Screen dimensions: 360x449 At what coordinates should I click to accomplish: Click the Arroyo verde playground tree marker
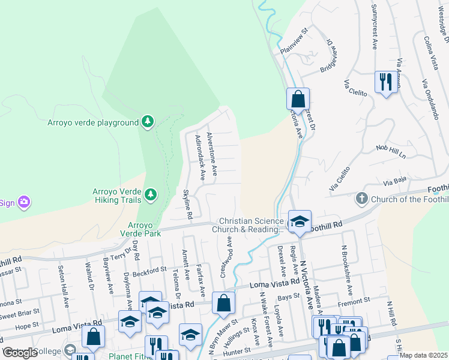pos(147,122)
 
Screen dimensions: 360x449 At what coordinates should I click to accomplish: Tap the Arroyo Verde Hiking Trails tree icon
pos(150,194)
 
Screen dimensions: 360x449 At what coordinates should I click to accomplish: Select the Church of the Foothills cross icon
pos(361,198)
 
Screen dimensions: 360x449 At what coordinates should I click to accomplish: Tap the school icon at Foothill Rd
pos(299,221)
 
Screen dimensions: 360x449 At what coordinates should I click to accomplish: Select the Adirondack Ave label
pos(200,157)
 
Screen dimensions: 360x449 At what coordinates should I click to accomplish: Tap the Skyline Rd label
pos(187,203)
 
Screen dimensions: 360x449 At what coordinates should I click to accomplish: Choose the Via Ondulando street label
pos(429,99)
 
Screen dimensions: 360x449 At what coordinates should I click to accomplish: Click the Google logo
pos(20,353)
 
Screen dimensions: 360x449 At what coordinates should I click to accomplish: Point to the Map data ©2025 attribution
pos(424,355)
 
